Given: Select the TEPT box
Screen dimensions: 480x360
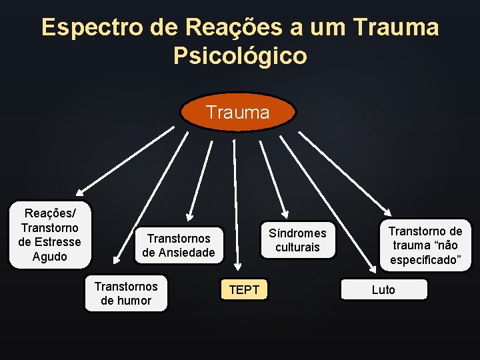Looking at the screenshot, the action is [x=244, y=289].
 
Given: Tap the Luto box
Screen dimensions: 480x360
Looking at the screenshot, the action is [x=383, y=289].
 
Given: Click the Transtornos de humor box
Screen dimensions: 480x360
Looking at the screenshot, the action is [x=126, y=293].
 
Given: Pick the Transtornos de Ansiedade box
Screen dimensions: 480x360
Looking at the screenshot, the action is [x=179, y=245].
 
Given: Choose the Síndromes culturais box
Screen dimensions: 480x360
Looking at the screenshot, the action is [x=297, y=240].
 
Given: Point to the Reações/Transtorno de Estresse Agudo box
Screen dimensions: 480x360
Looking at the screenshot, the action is [x=50, y=234].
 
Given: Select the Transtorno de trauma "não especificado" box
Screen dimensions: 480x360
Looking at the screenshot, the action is [x=425, y=245].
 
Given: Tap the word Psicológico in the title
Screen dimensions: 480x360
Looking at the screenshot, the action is [x=240, y=56].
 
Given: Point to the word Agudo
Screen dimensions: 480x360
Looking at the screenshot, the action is [x=50, y=256].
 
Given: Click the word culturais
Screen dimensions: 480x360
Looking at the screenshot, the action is [x=297, y=247].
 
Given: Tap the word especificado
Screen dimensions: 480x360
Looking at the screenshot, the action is [x=425, y=260].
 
